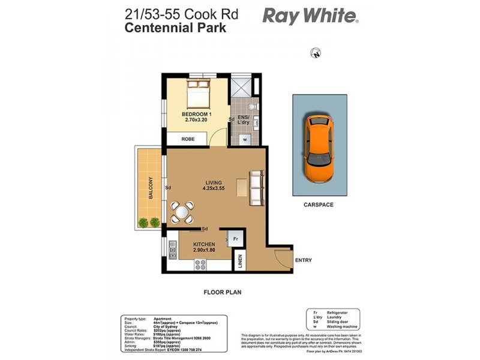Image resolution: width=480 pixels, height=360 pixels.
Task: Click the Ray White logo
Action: pyautogui.click(x=310, y=16)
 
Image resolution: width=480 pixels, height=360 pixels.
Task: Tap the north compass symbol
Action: pyautogui.click(x=315, y=54)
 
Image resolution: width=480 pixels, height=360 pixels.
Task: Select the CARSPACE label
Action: pyautogui.click(x=318, y=205)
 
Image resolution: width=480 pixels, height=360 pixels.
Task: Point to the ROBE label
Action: pyautogui.click(x=189, y=139)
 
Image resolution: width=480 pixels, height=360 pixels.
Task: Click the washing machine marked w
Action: pyautogui.click(x=245, y=139)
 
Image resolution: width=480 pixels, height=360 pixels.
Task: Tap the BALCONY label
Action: pyautogui.click(x=151, y=188)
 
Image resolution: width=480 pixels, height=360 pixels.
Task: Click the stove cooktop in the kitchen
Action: pyautogui.click(x=200, y=263)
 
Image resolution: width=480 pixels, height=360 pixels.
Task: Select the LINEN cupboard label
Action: pyautogui.click(x=240, y=261)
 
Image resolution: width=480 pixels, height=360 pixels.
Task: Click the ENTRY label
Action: pyautogui.click(x=303, y=260)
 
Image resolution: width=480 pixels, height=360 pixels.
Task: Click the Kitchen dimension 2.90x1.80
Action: pyautogui.click(x=205, y=251)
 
